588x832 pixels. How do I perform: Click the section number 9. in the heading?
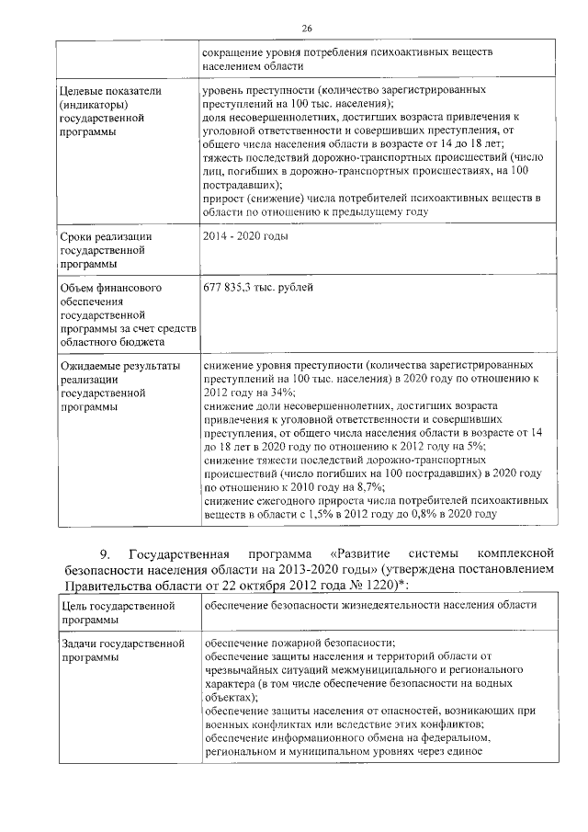click(x=105, y=553)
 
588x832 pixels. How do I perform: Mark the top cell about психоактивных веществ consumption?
click(x=349, y=60)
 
